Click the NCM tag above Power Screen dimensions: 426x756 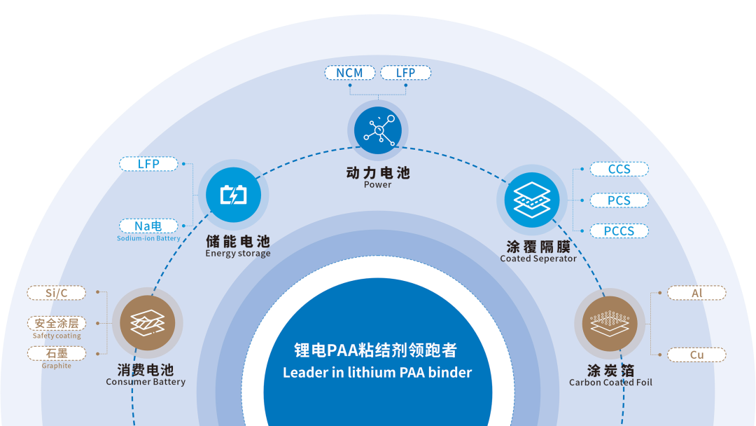click(x=349, y=73)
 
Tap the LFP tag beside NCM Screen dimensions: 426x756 click(x=405, y=73)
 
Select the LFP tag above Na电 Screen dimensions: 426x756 click(x=148, y=164)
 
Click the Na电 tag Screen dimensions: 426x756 click(x=148, y=226)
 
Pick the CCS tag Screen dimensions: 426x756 click(x=619, y=169)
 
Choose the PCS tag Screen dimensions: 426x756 click(x=619, y=200)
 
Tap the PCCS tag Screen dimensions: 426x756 click(x=619, y=231)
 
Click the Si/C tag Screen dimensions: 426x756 click(x=56, y=293)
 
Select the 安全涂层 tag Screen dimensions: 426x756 click(x=56, y=323)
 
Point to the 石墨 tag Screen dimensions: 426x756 click(x=56, y=353)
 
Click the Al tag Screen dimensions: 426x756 click(x=696, y=293)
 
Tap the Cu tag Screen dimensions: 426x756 click(x=696, y=355)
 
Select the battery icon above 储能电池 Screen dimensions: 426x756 click(x=233, y=195)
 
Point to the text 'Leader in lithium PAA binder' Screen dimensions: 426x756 click(x=377, y=373)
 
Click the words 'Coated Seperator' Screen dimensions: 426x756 click(x=538, y=259)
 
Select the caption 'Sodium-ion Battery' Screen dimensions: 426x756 click(x=148, y=239)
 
